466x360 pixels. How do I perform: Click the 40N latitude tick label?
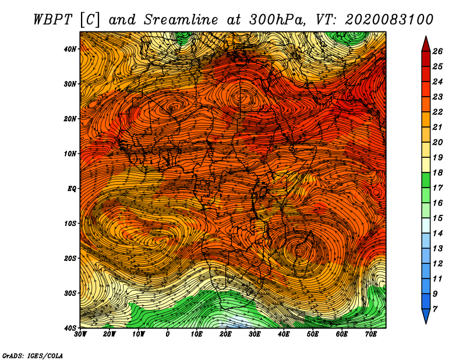click(x=70, y=49)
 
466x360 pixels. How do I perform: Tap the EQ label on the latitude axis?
click(x=72, y=189)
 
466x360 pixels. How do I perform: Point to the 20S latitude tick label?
click(x=70, y=258)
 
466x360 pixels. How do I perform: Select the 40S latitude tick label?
click(x=70, y=328)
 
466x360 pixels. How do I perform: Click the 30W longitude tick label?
click(x=80, y=334)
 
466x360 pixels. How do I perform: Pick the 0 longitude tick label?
click(x=168, y=334)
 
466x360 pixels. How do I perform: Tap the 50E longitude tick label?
click(x=313, y=334)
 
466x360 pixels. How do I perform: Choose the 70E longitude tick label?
click(x=371, y=334)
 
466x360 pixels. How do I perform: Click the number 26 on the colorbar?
click(x=437, y=51)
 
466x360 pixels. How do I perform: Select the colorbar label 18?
click(x=437, y=172)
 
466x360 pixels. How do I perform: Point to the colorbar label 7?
click(x=435, y=309)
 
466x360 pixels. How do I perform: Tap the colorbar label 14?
click(x=437, y=234)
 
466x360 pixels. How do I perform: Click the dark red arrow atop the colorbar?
click(x=426, y=44)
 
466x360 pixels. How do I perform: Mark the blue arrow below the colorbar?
click(x=426, y=316)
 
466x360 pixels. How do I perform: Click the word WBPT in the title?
click(x=52, y=20)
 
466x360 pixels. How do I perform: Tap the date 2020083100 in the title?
click(x=389, y=20)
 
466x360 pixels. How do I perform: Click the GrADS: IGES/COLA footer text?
click(x=33, y=355)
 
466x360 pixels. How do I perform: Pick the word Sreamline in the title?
click(x=181, y=20)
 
